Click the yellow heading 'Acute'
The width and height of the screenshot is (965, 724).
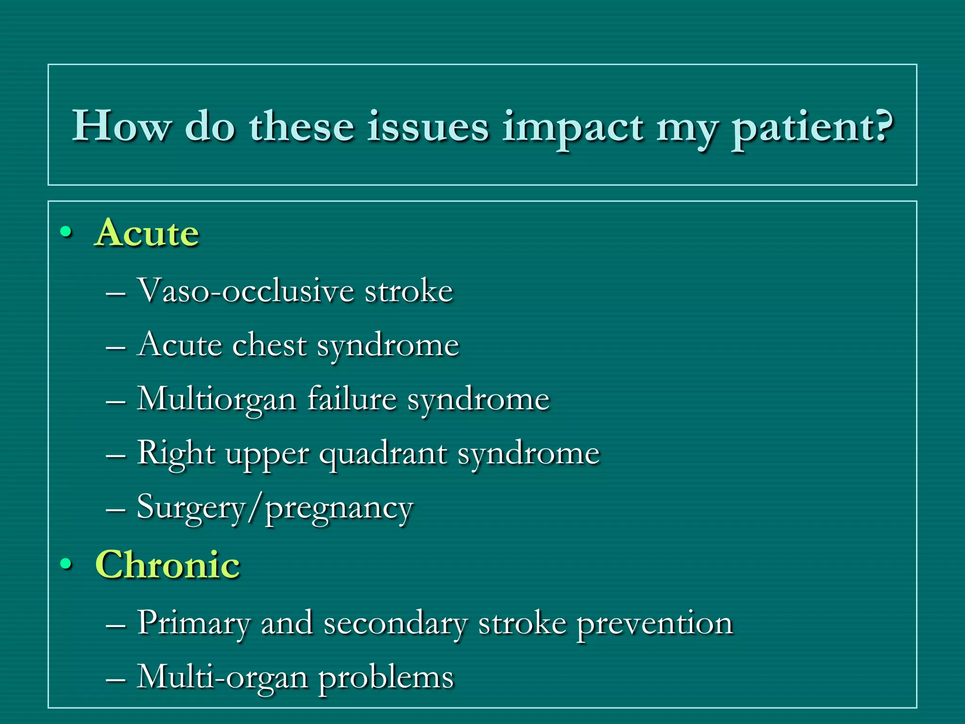[147, 233]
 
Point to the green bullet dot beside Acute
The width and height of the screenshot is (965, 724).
[66, 232]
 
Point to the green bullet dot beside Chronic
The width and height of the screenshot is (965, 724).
[66, 563]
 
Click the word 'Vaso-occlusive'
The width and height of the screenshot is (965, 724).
[245, 291]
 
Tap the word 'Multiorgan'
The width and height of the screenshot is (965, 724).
[216, 400]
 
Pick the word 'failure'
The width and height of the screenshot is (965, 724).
[352, 399]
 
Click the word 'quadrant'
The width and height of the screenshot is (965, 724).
[383, 454]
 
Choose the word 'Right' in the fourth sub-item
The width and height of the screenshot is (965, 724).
[176, 453]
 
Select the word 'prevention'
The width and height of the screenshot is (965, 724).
[655, 624]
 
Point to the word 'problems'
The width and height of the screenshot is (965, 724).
[386, 678]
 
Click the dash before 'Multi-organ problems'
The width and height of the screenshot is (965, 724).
[115, 679]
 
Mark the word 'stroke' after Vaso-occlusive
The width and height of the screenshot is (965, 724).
[409, 291]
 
